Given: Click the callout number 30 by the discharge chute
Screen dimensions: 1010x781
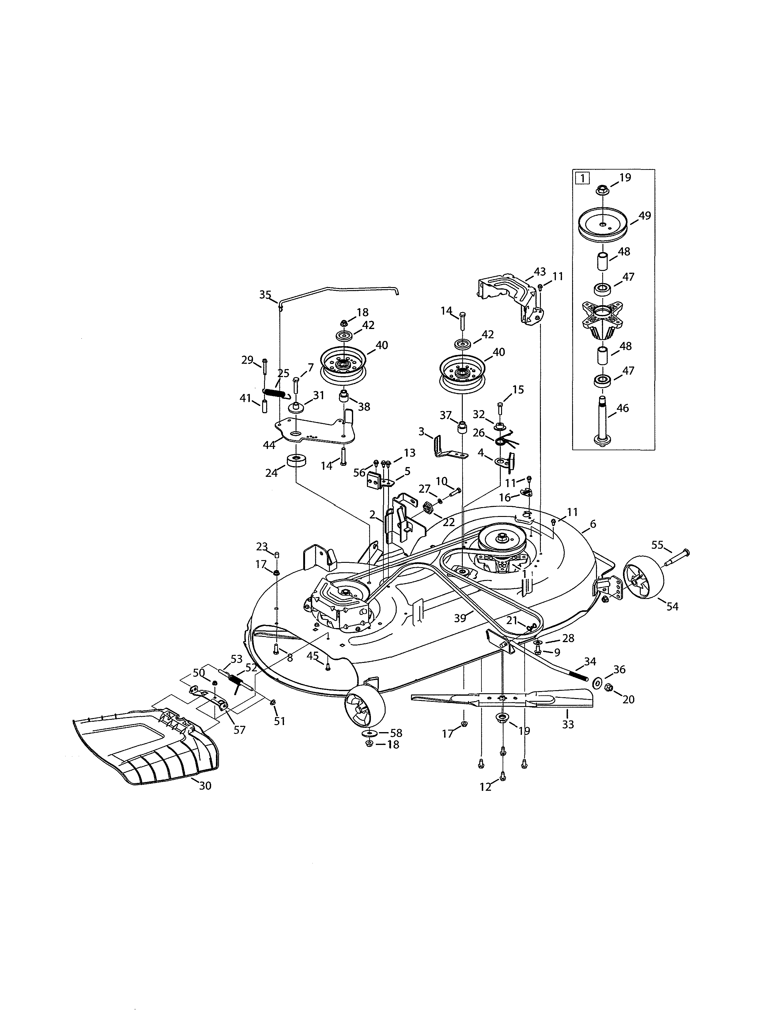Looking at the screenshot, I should pyautogui.click(x=205, y=786).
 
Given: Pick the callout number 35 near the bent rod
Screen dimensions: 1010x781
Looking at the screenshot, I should pyautogui.click(x=265, y=294).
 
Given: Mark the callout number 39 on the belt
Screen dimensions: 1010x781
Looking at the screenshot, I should pyautogui.click(x=460, y=618).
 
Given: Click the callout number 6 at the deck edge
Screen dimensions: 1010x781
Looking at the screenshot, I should pyautogui.click(x=593, y=524).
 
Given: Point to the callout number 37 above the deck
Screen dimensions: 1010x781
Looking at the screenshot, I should pyautogui.click(x=446, y=415).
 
